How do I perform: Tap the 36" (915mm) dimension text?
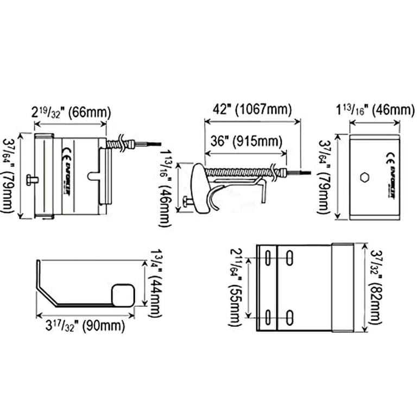[245, 142]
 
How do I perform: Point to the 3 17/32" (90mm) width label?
[84, 327]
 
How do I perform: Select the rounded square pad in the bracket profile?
[122, 295]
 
